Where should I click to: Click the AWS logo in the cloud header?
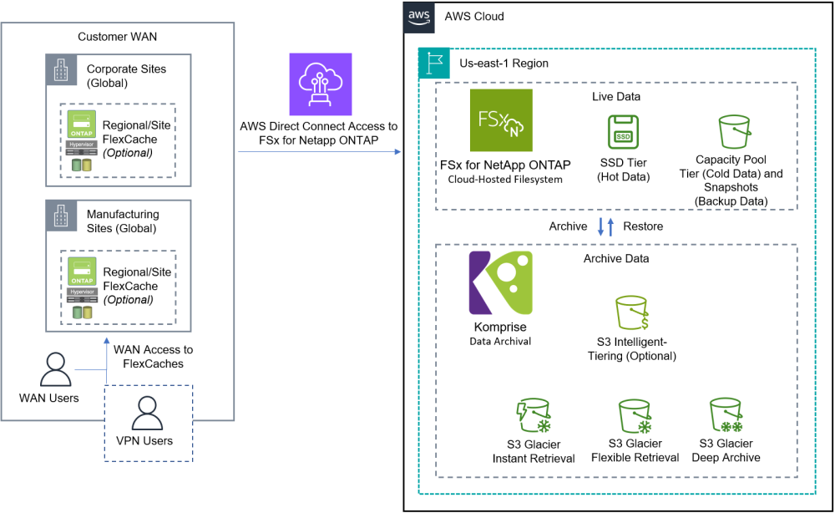(x=419, y=16)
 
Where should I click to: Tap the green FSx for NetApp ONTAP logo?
(x=500, y=120)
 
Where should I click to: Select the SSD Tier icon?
(x=623, y=132)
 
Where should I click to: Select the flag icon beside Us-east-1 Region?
(x=433, y=63)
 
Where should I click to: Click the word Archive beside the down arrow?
(x=568, y=226)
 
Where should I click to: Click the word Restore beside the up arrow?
(x=642, y=226)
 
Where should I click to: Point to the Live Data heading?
(x=616, y=97)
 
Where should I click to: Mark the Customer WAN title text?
(x=117, y=37)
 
